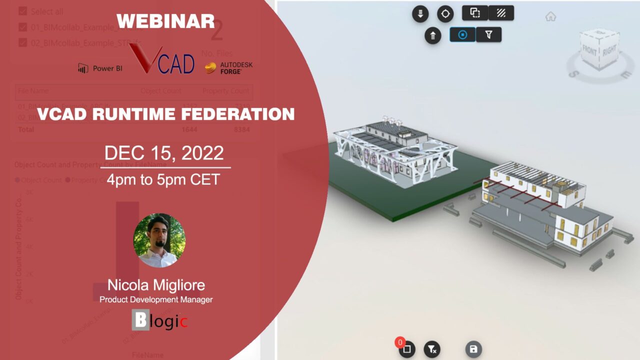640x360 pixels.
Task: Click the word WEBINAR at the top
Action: click(x=165, y=21)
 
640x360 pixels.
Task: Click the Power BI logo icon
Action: click(x=83, y=68)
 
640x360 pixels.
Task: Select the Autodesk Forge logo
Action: click(x=229, y=68)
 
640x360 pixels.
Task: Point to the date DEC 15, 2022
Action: click(x=164, y=153)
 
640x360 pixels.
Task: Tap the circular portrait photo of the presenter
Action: click(x=159, y=240)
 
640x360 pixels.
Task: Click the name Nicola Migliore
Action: click(x=156, y=285)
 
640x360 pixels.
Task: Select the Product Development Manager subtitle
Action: click(x=156, y=299)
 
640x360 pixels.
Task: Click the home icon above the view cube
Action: click(x=550, y=16)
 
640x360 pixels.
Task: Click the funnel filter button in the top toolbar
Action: click(x=488, y=34)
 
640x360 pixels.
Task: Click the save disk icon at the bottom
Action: click(x=473, y=349)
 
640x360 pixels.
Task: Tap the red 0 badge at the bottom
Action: click(x=400, y=342)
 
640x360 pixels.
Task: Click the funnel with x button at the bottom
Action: click(x=431, y=349)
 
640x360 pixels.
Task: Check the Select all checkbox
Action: click(x=22, y=11)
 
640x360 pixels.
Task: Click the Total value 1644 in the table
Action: click(x=189, y=129)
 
